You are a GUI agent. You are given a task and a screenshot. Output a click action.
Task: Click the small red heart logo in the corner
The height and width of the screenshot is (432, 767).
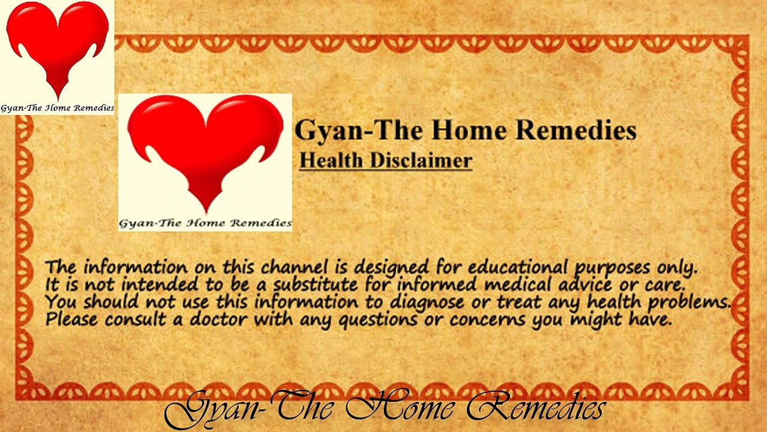coord(58,44)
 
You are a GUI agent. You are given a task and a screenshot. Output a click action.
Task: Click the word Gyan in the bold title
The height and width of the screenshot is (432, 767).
coord(328,131)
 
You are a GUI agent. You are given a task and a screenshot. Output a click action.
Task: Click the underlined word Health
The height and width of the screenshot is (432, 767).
coord(331,160)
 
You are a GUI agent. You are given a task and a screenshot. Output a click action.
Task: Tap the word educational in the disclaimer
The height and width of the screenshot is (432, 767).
coord(518,267)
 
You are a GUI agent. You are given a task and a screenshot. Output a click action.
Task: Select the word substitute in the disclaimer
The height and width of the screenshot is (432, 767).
coord(315,284)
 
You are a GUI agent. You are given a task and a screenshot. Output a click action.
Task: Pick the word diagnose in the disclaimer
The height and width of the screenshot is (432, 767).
coord(427,302)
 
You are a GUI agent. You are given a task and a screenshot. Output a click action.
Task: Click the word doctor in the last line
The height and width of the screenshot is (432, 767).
coord(218,319)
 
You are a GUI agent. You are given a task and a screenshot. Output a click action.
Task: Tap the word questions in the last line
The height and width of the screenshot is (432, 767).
coord(377,320)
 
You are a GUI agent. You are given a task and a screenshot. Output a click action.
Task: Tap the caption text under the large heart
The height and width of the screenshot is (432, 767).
coord(205,223)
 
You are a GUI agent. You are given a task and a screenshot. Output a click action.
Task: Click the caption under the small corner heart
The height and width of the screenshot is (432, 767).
coord(57,108)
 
